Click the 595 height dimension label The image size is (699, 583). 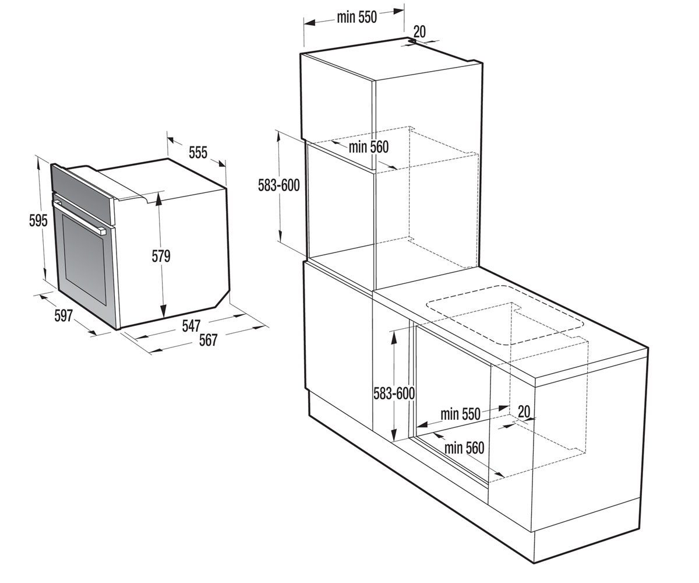click(38, 220)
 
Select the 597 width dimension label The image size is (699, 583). click(63, 315)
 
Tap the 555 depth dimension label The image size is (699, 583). click(198, 152)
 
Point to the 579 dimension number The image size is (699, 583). click(161, 256)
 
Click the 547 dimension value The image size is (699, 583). click(191, 325)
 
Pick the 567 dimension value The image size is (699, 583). click(208, 340)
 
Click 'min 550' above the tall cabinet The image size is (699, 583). click(357, 17)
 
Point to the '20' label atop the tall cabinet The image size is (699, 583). click(419, 32)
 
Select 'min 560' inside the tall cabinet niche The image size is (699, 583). click(369, 147)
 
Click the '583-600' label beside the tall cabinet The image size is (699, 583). click(278, 185)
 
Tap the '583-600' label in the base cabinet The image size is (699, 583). click(394, 394)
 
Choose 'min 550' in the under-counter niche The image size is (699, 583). click(460, 414)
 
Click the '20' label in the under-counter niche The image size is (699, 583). click(524, 411)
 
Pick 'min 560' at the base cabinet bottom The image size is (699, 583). click(464, 448)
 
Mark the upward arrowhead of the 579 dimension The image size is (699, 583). click(158, 198)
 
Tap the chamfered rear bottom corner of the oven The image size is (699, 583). click(223, 299)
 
